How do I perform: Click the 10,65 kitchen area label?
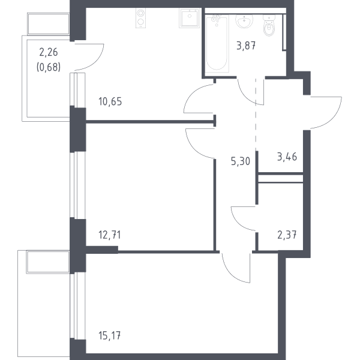110,101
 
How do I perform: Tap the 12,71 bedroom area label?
110,235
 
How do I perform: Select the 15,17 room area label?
110,335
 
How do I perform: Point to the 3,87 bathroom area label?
246,46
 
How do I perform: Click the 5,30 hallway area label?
241,161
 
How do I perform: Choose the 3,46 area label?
287,157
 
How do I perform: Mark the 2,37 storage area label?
287,235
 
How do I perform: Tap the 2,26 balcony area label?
49,52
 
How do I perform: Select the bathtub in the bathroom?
217,44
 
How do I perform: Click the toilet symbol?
269,26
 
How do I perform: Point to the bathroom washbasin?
244,22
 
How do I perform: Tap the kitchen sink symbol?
190,18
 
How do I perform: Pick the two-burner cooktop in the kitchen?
140,18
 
